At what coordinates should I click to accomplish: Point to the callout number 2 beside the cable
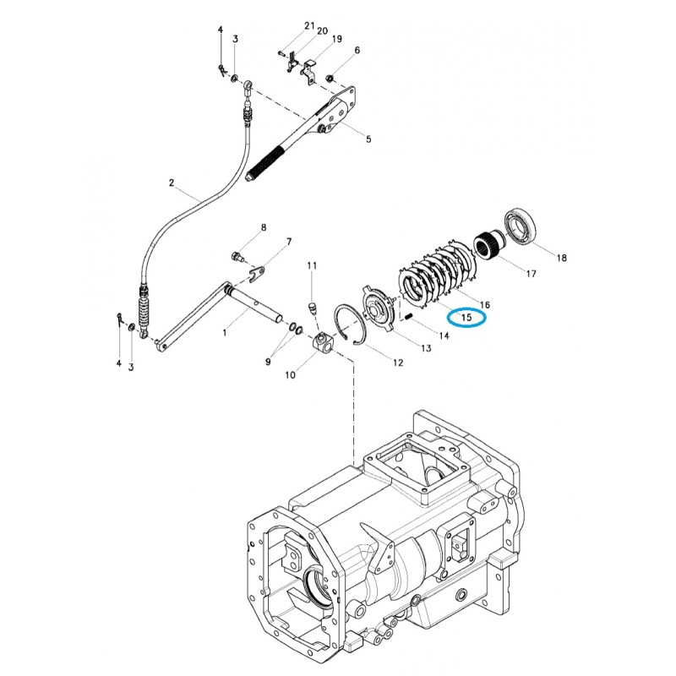pyautogui.click(x=171, y=183)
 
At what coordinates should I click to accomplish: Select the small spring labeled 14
pyautogui.click(x=407, y=318)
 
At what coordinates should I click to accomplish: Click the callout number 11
pyautogui.click(x=312, y=266)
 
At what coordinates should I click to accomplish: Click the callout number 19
pyautogui.click(x=336, y=39)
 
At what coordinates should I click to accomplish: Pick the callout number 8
pyautogui.click(x=264, y=228)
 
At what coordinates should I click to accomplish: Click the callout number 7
pyautogui.click(x=288, y=242)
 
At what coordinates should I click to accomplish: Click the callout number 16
pyautogui.click(x=485, y=303)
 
